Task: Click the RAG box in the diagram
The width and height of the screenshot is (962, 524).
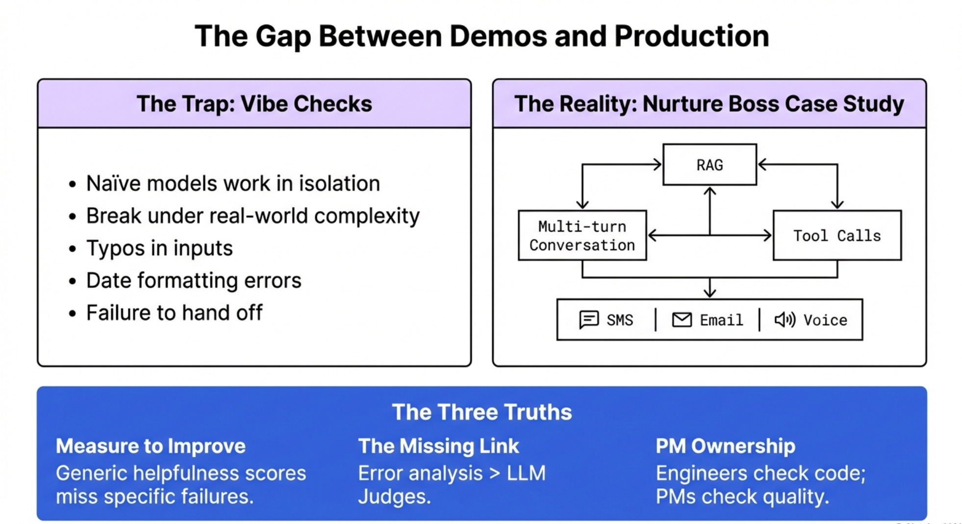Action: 709,165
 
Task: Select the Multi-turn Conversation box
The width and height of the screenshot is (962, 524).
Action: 582,236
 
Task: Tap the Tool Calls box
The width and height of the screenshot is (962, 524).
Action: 836,236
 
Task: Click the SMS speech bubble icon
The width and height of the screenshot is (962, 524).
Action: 588,319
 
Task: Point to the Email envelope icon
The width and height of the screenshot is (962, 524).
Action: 682,320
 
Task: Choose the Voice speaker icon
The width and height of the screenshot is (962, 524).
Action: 785,320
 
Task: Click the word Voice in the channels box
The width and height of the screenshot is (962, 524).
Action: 825,320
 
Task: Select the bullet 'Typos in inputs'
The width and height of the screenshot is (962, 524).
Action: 159,248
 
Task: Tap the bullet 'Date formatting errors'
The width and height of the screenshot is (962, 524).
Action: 193,281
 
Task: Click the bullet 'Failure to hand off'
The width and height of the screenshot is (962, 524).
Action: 174,313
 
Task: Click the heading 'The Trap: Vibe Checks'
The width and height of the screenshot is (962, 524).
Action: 254,104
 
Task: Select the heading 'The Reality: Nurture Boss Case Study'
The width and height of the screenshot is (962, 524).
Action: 709,104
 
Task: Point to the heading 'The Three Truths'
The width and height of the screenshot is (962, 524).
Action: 481,412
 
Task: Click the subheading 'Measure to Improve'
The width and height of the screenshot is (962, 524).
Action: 151,446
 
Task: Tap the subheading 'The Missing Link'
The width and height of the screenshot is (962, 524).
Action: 438,446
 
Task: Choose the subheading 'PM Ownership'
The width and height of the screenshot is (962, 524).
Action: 725,446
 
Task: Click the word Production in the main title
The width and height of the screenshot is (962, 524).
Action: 691,36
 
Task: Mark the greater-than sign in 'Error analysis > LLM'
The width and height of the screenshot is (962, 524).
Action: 494,473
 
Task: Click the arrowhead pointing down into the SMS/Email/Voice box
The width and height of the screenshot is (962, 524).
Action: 709,293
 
